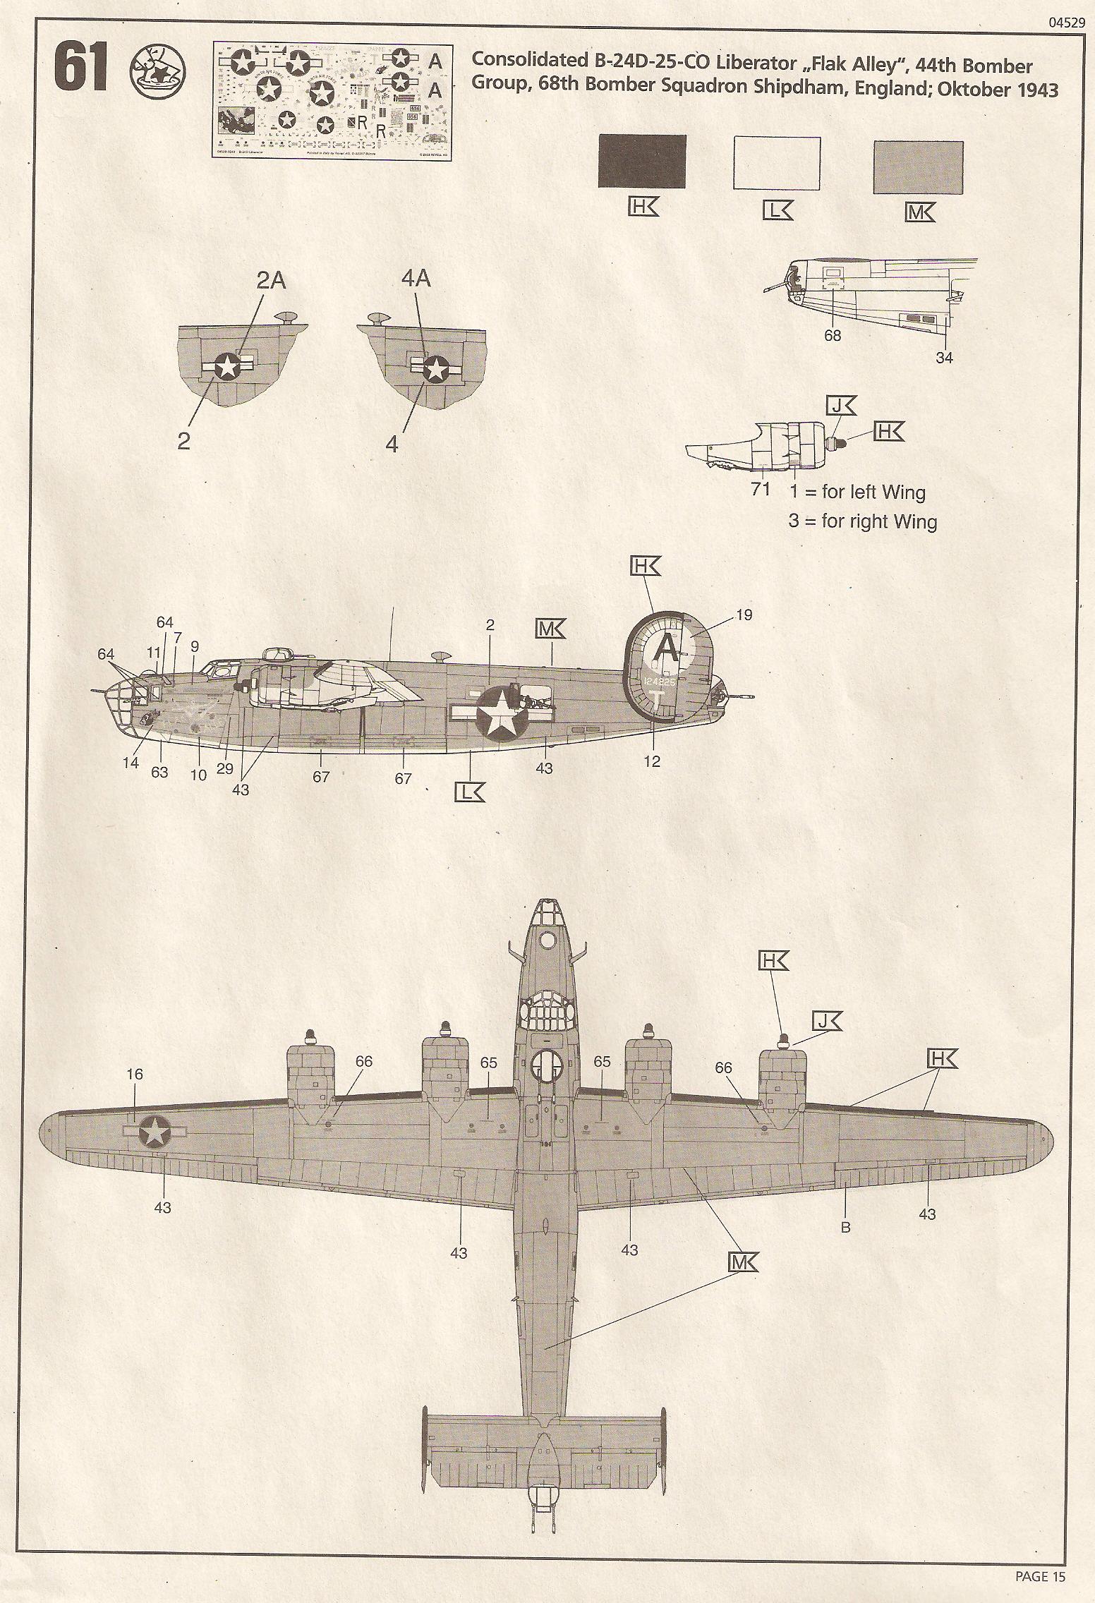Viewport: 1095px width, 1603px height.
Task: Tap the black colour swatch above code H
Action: pyautogui.click(x=641, y=161)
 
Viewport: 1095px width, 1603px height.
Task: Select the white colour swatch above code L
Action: pyautogui.click(x=777, y=164)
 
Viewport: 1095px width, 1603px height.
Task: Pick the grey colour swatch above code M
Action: pyautogui.click(x=918, y=167)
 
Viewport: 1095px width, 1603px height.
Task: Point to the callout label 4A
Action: pyautogui.click(x=415, y=279)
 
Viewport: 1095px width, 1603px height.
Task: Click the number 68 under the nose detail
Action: pyautogui.click(x=833, y=336)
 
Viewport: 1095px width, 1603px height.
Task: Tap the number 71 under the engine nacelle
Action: pyautogui.click(x=760, y=488)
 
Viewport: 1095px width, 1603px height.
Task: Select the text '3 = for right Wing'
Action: pyautogui.click(x=862, y=522)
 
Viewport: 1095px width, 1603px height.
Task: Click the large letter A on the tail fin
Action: pyautogui.click(x=666, y=648)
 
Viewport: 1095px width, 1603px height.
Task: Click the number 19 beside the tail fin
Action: pyautogui.click(x=744, y=615)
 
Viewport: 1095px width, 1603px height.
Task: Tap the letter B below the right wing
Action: pyautogui.click(x=845, y=1227)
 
